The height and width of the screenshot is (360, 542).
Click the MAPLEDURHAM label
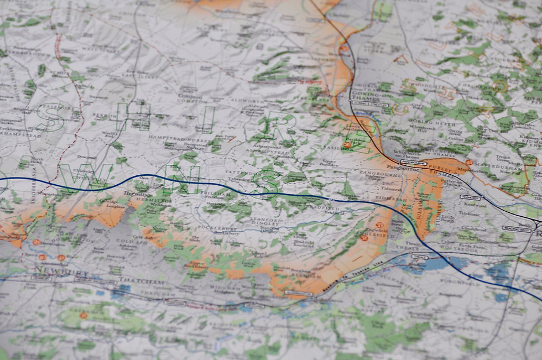click(497, 164)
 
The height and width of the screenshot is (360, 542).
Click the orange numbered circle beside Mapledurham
click(468, 162)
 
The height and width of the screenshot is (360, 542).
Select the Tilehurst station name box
click(469, 197)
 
